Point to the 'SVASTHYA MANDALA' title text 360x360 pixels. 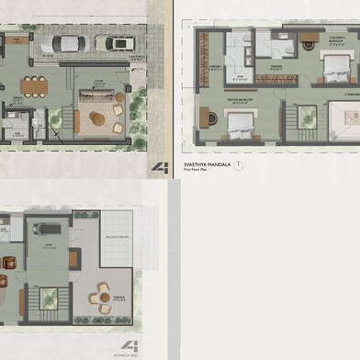click(x=206, y=163)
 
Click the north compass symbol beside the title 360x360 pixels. click(x=238, y=165)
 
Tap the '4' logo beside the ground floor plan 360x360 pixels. click(x=161, y=167)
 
